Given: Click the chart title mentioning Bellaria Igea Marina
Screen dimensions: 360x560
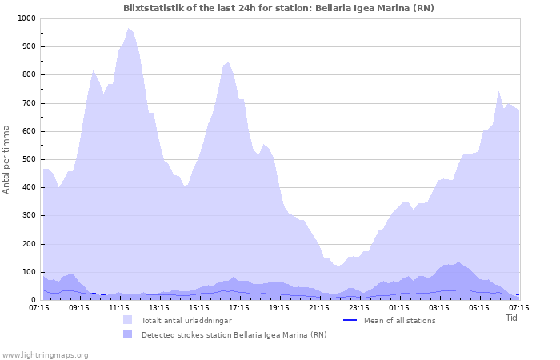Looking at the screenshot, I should (279, 7).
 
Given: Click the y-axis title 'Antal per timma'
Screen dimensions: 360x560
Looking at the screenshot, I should (7, 158).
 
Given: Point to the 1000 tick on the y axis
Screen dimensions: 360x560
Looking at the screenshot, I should (26, 18).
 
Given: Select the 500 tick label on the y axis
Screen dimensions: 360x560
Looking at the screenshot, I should (28, 159).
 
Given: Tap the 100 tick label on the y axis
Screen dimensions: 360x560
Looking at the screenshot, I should (28, 272).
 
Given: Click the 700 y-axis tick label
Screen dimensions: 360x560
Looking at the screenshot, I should (28, 103).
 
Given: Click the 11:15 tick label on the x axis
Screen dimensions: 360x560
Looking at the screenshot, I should (119, 307).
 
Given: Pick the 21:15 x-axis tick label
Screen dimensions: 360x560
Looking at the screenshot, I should (319, 307).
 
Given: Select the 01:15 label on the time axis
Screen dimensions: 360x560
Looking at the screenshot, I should (399, 307).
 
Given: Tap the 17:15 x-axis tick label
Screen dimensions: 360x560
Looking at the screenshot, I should (239, 307).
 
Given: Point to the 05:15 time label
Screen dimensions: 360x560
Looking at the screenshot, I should (479, 307).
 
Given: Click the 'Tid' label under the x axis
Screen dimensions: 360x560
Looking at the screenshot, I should (512, 318).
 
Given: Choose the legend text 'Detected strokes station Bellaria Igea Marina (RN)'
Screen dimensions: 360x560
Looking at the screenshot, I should (234, 334).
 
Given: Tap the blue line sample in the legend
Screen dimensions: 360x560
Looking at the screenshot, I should (349, 321).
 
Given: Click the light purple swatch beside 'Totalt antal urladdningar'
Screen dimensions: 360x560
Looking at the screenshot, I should (128, 321).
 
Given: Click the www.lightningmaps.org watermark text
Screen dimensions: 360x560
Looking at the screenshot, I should (46, 354).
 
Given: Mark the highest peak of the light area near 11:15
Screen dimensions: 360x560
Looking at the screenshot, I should (128, 29).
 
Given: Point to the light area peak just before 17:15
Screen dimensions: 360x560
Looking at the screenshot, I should (228, 62).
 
